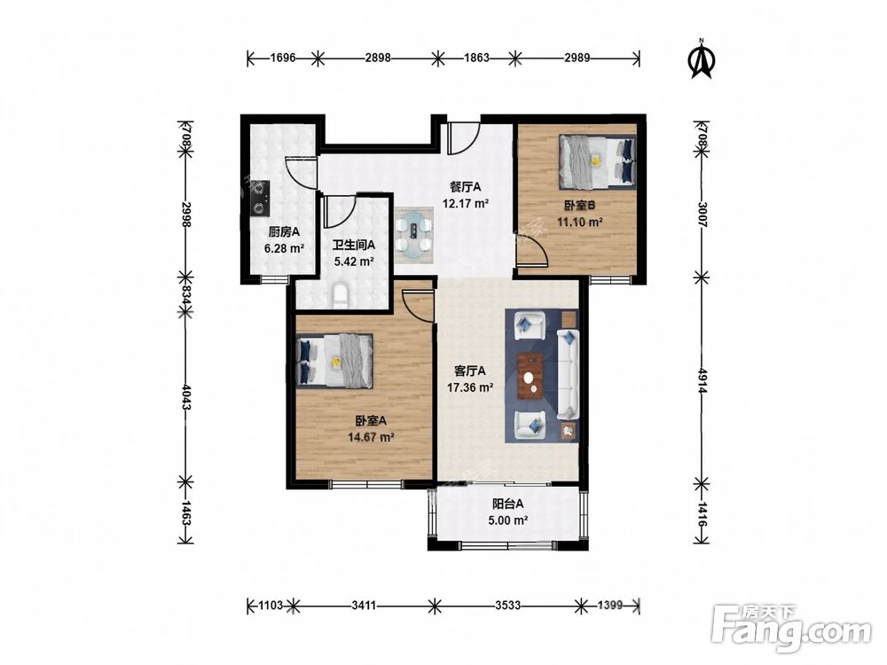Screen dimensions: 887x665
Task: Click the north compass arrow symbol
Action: coord(701,59)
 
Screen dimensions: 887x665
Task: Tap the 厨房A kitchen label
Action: coord(284,231)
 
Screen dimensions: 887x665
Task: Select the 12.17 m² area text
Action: coord(466,203)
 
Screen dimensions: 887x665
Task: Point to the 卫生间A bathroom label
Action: coord(354,246)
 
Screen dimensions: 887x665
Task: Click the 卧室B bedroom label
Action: coord(579,206)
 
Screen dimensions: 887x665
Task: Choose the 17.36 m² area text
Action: coord(470,388)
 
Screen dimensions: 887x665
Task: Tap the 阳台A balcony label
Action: coord(507,504)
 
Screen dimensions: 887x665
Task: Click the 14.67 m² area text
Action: coord(371,437)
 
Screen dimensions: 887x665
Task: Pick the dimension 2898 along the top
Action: coord(378,57)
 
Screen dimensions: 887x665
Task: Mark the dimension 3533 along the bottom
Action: coord(507,606)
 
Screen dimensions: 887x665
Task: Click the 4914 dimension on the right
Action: coord(702,381)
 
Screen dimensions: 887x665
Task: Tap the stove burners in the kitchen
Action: coord(260,199)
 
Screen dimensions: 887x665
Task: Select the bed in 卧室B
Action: coord(597,161)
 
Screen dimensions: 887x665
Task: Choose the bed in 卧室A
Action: coord(334,362)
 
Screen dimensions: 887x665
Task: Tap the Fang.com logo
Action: coord(791,628)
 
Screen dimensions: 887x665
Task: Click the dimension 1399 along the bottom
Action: coord(610,606)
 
